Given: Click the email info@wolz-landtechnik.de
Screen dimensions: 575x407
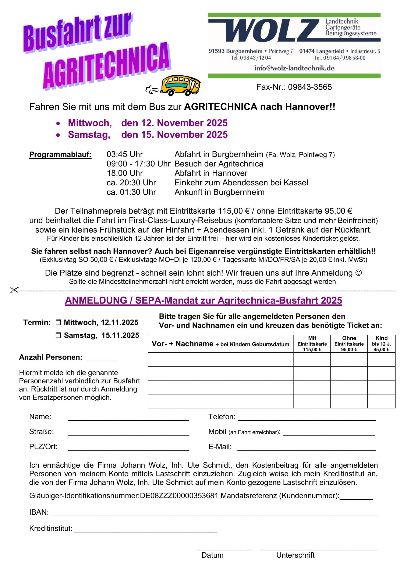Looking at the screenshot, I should pos(294,68).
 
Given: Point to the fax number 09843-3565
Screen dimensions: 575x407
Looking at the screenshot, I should pos(310,87).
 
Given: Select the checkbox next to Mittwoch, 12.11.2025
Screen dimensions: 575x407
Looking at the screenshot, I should pos(58,323).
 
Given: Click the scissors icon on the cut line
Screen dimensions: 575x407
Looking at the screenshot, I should pos(14,290).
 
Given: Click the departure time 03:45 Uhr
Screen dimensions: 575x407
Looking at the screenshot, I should pos(125,154).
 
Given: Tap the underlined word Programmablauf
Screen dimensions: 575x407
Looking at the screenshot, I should pos(60,155).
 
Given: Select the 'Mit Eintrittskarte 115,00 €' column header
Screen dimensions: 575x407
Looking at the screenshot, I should pos(312,344).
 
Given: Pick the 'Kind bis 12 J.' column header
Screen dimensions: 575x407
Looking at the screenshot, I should pos(381,344).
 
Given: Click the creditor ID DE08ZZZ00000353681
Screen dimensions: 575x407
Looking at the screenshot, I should pos(179,496).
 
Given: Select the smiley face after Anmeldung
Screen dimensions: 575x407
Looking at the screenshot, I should pos(359,273).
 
